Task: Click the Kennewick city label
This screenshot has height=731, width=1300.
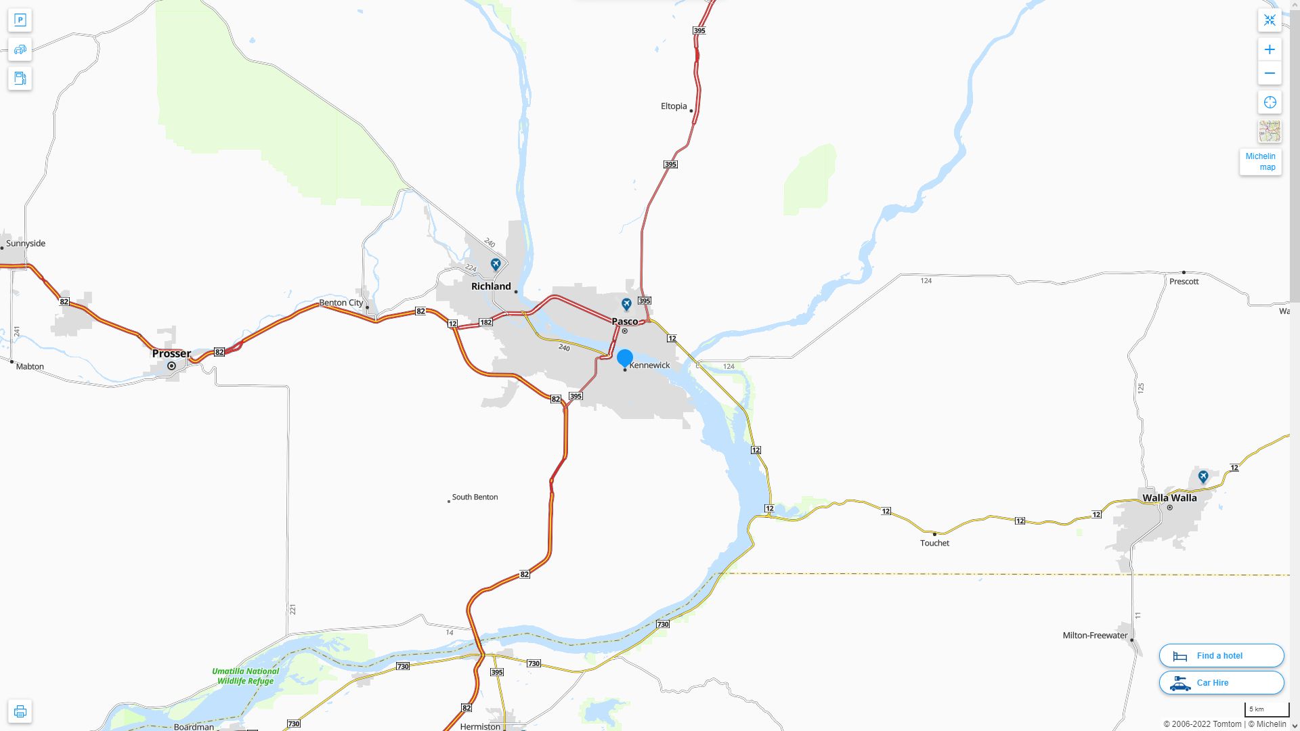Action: pyautogui.click(x=649, y=365)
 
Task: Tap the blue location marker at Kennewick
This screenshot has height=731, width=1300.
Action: pyautogui.click(x=625, y=358)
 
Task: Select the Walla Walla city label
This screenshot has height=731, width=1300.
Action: pyautogui.click(x=1169, y=498)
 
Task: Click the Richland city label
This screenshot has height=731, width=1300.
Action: pyautogui.click(x=491, y=286)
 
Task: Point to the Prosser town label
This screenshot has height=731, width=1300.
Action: pyautogui.click(x=171, y=353)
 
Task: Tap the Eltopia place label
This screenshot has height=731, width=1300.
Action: pyautogui.click(x=674, y=106)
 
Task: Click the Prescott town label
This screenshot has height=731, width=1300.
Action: pyautogui.click(x=1184, y=282)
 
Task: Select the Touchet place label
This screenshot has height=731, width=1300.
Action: pyautogui.click(x=934, y=543)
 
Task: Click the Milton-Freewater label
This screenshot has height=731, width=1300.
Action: pyautogui.click(x=1095, y=636)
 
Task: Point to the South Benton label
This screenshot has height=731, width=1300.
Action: pyautogui.click(x=475, y=497)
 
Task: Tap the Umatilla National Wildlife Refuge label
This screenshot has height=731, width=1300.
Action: pyautogui.click(x=245, y=676)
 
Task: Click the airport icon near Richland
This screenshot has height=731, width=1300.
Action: pyautogui.click(x=496, y=264)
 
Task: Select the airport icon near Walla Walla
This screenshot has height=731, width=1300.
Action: pyautogui.click(x=1203, y=477)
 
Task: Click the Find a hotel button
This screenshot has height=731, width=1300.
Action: pyautogui.click(x=1221, y=656)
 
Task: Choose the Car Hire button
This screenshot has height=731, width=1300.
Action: pyautogui.click(x=1221, y=683)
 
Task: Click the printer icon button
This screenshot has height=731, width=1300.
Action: pyautogui.click(x=20, y=711)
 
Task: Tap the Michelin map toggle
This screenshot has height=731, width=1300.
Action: pyautogui.click(x=1260, y=162)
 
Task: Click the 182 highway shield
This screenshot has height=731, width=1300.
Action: pyautogui.click(x=485, y=322)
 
